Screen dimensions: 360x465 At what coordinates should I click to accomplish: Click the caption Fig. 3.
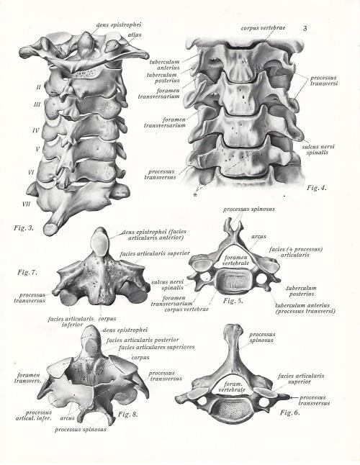click(24, 228)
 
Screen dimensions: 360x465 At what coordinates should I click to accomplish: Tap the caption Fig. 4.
click(316, 188)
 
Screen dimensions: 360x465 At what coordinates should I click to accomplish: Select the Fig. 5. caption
click(233, 301)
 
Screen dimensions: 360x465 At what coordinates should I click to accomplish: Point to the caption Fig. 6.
click(290, 412)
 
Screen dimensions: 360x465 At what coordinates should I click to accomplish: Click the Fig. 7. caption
click(27, 272)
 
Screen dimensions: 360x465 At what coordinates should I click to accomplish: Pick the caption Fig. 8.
click(128, 415)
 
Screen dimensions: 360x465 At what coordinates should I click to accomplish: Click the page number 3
click(305, 29)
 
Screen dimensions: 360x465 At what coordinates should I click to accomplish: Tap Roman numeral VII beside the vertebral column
click(27, 204)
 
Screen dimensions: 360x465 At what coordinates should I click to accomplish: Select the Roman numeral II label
click(38, 87)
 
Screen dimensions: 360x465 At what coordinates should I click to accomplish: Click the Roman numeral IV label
click(35, 130)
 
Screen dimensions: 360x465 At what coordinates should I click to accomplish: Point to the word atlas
click(135, 35)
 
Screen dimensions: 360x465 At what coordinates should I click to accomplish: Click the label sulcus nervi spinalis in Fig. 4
click(318, 150)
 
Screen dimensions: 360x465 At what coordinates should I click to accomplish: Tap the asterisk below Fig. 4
click(195, 195)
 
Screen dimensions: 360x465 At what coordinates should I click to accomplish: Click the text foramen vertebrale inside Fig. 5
click(235, 261)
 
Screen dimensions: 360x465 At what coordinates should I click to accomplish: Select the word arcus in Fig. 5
click(258, 237)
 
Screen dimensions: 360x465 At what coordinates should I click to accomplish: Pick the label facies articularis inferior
click(71, 322)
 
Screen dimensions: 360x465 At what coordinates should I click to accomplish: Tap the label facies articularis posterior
click(143, 340)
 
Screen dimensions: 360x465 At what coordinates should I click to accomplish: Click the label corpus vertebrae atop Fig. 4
click(263, 28)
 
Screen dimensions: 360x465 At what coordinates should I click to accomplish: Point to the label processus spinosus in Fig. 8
click(81, 429)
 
